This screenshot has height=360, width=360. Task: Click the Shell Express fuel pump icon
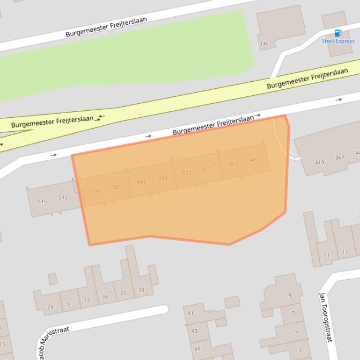(x=338, y=33)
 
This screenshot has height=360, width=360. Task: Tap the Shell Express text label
(x=338, y=41)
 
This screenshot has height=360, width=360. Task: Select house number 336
(x=264, y=44)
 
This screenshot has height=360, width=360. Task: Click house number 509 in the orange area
(x=96, y=191)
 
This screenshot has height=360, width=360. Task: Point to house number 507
(x=117, y=187)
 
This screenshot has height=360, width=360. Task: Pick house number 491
(x=141, y=182)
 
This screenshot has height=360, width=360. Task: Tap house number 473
(x=186, y=173)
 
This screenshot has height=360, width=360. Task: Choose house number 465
(x=255, y=160)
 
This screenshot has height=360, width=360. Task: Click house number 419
(x=319, y=163)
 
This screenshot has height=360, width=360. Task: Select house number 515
(x=42, y=202)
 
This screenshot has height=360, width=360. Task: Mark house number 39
(x=141, y=290)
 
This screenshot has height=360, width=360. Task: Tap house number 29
(x=50, y=308)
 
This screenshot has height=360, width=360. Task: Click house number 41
(x=191, y=313)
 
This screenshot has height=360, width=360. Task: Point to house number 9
(x=289, y=295)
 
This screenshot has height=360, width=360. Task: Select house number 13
(x=345, y=252)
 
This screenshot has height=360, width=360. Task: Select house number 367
(x=339, y=158)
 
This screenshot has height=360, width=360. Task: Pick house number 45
(x=198, y=349)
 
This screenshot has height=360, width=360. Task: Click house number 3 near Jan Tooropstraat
(x=300, y=349)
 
